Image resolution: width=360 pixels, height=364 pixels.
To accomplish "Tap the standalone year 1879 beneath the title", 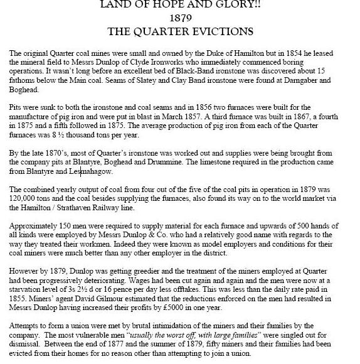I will coord(180,19).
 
